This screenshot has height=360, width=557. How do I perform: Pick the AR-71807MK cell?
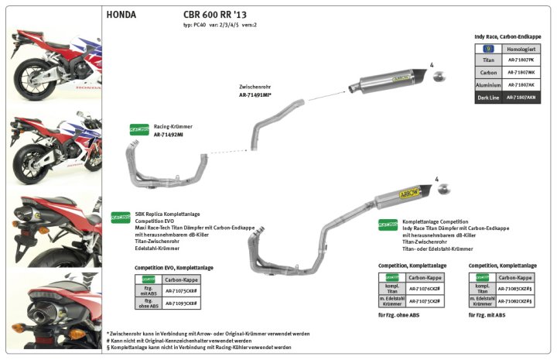point(522,72)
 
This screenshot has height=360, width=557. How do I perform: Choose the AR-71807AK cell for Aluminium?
point(522,85)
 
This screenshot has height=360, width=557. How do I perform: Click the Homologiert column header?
point(522,47)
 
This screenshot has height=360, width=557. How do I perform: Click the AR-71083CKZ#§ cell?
point(514,288)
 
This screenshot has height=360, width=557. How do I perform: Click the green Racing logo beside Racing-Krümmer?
point(118,130)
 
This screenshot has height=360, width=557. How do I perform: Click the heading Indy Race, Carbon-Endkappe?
point(507,36)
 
